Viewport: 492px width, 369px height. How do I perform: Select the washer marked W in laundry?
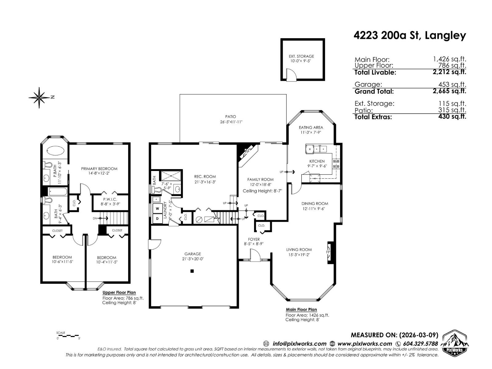(x=157, y=208)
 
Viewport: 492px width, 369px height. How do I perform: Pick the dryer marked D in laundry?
(x=157, y=219)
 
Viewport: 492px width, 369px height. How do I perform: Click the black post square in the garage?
(x=192, y=271)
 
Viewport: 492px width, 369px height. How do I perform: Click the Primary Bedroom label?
(x=99, y=169)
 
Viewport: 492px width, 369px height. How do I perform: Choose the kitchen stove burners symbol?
(x=336, y=164)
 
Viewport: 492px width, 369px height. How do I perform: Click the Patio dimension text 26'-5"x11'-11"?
(x=229, y=122)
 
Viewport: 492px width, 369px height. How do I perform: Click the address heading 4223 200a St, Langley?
(x=410, y=36)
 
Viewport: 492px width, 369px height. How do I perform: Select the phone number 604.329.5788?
(x=419, y=344)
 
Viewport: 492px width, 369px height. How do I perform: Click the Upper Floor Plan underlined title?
(x=119, y=292)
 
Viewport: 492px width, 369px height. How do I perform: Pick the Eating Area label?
(x=311, y=127)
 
